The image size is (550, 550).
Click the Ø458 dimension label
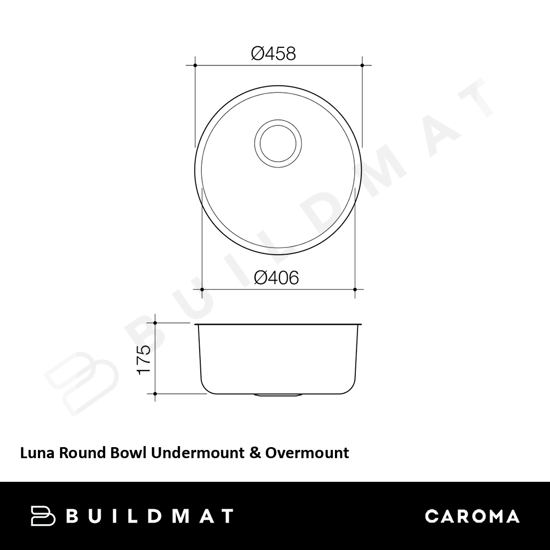click(x=273, y=54)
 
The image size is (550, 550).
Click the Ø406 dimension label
click(x=276, y=277)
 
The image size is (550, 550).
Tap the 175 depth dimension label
click(x=144, y=360)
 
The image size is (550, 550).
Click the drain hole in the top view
click(x=278, y=143)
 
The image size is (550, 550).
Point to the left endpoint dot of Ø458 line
click(x=195, y=65)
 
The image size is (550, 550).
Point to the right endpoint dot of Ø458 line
click(x=362, y=65)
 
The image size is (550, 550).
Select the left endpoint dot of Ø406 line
click(x=202, y=289)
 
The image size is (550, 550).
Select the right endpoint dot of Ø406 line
click(x=355, y=289)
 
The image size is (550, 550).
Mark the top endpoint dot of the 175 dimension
click(x=155, y=323)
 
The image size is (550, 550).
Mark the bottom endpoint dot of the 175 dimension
click(x=155, y=394)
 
